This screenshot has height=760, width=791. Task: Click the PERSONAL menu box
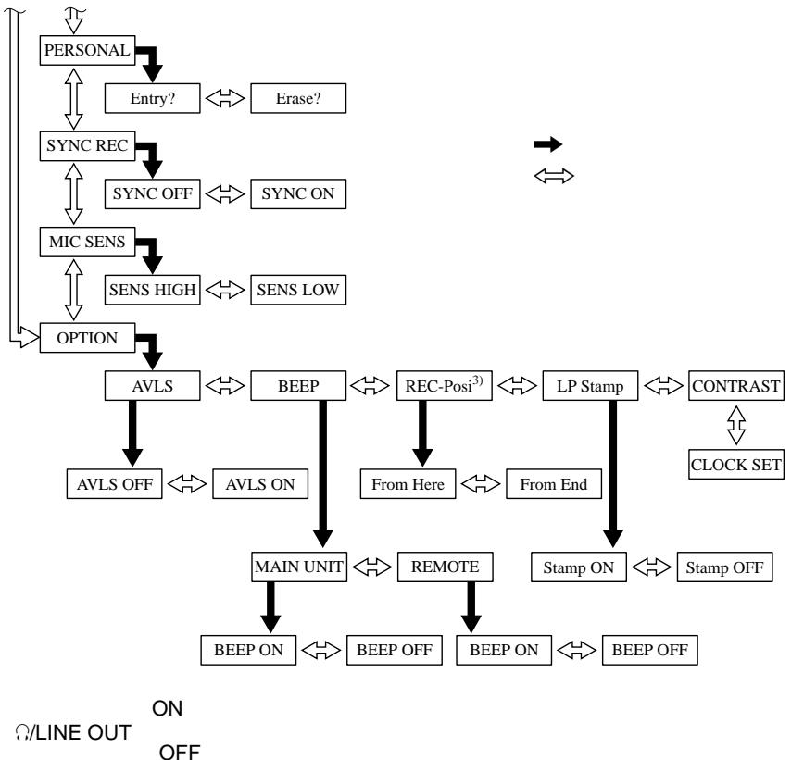tap(87, 50)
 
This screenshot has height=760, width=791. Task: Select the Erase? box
tap(298, 98)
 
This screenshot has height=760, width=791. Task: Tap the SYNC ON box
tap(298, 193)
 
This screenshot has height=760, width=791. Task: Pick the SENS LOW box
tap(298, 290)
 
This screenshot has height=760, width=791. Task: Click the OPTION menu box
tap(87, 338)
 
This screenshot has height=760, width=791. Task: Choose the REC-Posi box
tap(445, 386)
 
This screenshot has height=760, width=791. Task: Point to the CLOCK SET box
tap(736, 465)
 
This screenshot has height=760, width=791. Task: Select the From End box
tap(554, 484)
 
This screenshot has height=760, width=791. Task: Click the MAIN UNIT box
tap(299, 567)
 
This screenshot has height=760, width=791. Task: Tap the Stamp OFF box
tap(724, 567)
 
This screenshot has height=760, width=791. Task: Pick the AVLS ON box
tap(260, 484)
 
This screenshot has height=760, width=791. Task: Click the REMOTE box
tap(445, 567)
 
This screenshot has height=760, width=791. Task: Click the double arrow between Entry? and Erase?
tap(225, 98)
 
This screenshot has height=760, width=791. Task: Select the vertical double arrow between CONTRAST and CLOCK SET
tap(736, 425)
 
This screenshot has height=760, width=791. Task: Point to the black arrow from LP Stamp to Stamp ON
tap(613, 474)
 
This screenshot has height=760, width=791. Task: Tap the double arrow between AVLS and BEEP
tap(225, 386)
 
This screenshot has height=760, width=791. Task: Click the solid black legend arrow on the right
tap(548, 144)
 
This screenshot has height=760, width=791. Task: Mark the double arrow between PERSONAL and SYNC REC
tap(74, 98)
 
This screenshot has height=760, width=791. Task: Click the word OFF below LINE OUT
tap(180, 752)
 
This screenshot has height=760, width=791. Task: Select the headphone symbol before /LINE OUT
tap(21, 733)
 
